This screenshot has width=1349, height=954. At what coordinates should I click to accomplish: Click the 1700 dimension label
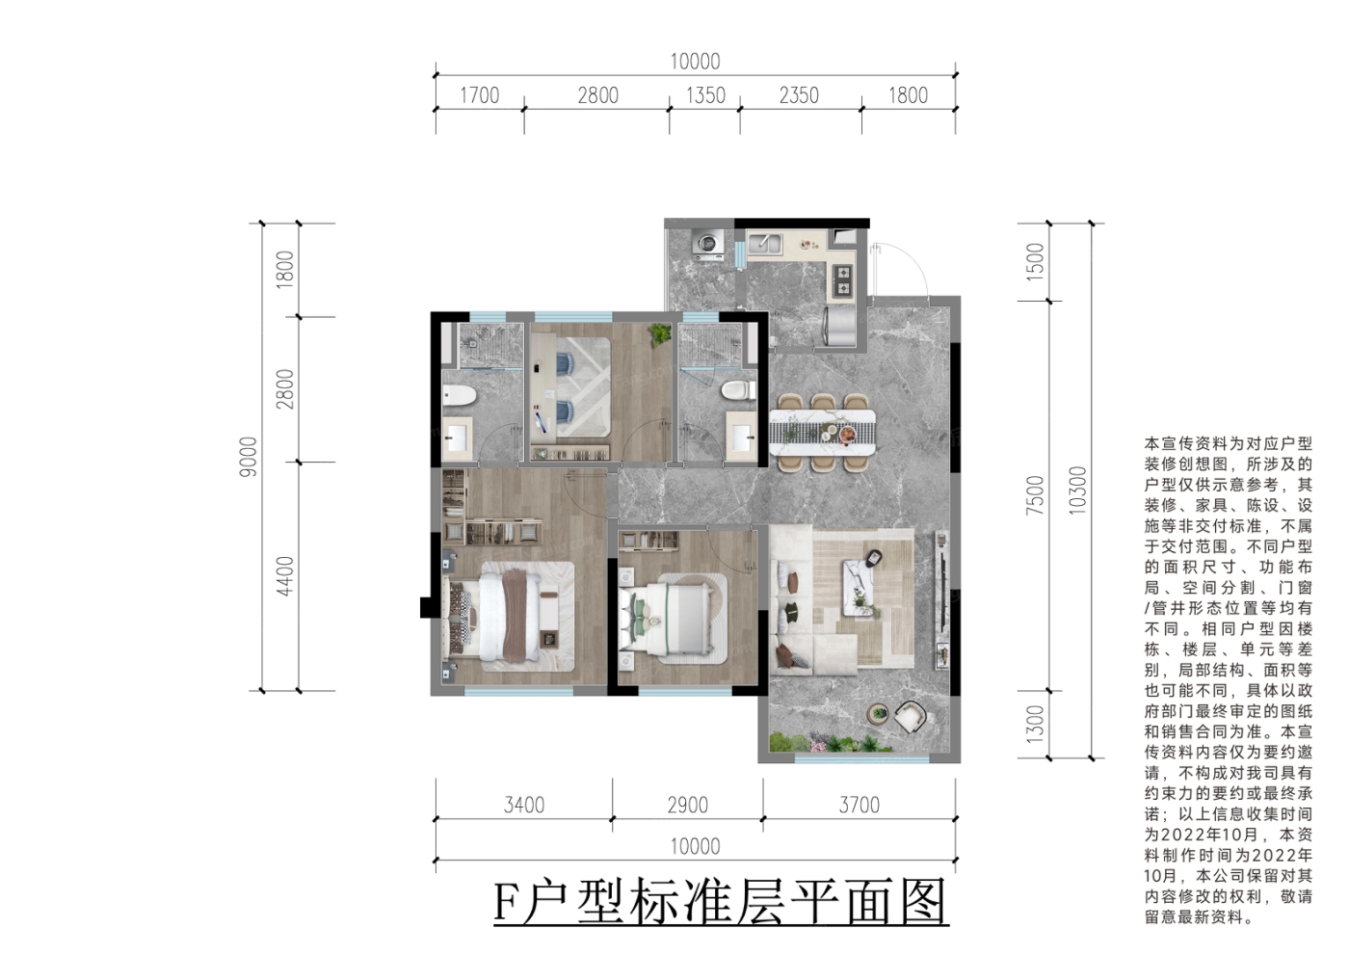[x=480, y=95]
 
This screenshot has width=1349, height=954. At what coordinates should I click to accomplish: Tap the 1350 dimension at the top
[x=705, y=95]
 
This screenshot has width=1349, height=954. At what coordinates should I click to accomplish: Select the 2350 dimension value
[x=799, y=95]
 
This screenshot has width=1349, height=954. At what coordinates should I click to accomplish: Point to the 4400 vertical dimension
[x=284, y=576]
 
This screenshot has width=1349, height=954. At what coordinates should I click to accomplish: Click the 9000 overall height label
[x=248, y=457]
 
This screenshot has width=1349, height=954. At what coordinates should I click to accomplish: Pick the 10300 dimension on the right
[x=1077, y=490]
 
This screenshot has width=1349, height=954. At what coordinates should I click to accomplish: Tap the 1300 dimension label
[x=1034, y=725]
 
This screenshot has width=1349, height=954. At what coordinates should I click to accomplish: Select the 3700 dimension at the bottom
[x=860, y=805]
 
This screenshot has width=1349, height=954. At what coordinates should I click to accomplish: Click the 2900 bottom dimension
[x=688, y=805]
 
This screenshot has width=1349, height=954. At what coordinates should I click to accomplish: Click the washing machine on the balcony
[x=707, y=245]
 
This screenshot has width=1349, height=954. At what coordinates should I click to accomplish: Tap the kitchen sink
[x=765, y=243]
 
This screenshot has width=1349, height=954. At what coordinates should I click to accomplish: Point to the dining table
[x=822, y=433]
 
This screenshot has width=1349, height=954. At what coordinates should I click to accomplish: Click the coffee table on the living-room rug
[x=859, y=587]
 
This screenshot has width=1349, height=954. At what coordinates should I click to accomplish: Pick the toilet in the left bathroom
[x=460, y=396]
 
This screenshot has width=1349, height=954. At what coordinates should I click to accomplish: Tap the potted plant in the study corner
[x=660, y=334]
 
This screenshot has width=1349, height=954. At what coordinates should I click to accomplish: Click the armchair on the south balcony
[x=910, y=717]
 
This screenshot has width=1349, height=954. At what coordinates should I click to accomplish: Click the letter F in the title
[x=507, y=904]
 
